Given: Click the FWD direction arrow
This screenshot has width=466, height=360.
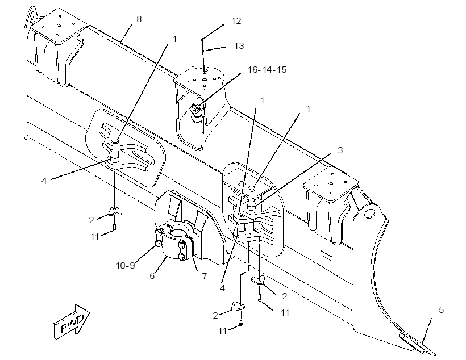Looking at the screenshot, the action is (72, 322).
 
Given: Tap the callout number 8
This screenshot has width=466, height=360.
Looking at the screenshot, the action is (139, 19).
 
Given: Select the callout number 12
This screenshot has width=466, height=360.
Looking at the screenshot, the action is (236, 21).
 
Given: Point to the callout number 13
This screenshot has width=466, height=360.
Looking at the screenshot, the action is (239, 46).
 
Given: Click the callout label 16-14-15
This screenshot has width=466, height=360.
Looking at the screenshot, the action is (267, 69).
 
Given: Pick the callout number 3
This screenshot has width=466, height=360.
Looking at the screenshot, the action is (340, 150).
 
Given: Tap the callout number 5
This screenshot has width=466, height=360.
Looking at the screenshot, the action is (442, 310).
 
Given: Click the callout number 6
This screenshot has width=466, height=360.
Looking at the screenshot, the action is (152, 275).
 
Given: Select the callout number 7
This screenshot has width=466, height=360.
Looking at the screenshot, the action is (205, 276).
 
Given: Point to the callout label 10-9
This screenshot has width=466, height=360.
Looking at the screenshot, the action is (126, 265).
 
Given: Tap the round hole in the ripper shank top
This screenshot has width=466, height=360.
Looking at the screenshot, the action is (369, 214).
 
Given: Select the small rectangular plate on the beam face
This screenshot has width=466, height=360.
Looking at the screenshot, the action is (327, 255).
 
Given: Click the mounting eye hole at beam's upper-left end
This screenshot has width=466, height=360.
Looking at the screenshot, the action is (31, 15).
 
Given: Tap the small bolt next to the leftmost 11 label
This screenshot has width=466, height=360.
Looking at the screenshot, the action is (115, 228).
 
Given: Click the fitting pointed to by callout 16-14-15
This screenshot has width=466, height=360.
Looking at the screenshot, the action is (196, 112).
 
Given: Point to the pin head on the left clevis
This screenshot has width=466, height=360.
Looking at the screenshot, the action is (115, 140).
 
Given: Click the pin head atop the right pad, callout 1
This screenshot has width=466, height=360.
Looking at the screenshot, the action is (252, 187).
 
